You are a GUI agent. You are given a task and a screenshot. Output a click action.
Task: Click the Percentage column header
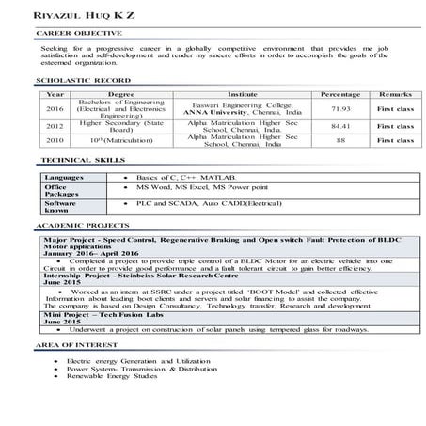339,95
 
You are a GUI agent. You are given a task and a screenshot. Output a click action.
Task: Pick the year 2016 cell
55,109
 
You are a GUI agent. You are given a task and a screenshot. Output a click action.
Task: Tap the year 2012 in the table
55,126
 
